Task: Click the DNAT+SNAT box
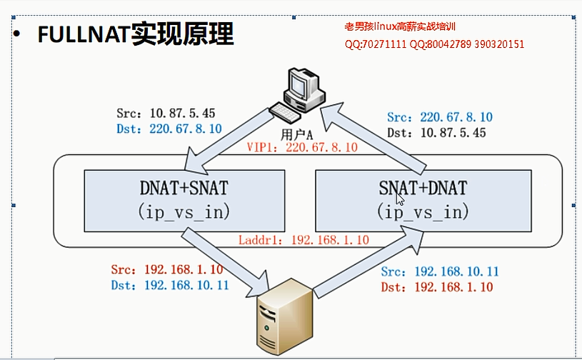coord(184,199)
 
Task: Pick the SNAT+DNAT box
coord(423,199)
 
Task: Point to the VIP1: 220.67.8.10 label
coord(301,148)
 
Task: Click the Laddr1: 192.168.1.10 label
coord(303,240)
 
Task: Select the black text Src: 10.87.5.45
coord(166,114)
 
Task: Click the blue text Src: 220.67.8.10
coord(439,117)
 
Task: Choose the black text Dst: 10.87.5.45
coord(436,133)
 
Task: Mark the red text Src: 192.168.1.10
coord(167,269)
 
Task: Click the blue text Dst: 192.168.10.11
coord(170,285)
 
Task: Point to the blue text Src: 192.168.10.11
coord(440,271)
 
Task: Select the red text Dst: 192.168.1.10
coord(437,287)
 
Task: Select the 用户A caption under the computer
coord(298,133)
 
